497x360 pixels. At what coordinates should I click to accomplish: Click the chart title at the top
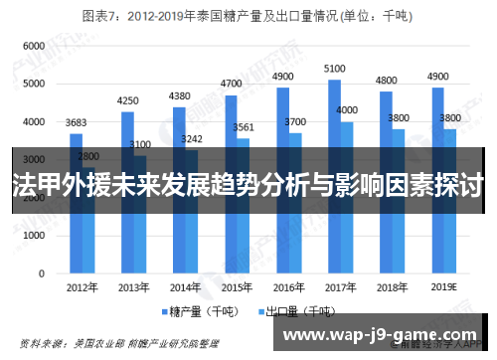248,16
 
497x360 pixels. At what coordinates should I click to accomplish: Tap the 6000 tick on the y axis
33,47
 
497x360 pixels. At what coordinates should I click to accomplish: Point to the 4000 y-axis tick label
33,121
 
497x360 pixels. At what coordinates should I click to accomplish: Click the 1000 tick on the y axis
33,234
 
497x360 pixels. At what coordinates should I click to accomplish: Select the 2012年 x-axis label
83,287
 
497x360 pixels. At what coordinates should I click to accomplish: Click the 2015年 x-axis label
238,287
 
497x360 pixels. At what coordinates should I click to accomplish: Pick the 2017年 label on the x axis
341,287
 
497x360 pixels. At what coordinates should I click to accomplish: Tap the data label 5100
335,69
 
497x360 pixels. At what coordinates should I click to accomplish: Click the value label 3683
77,122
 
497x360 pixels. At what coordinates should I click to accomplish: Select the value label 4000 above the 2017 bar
347,109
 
